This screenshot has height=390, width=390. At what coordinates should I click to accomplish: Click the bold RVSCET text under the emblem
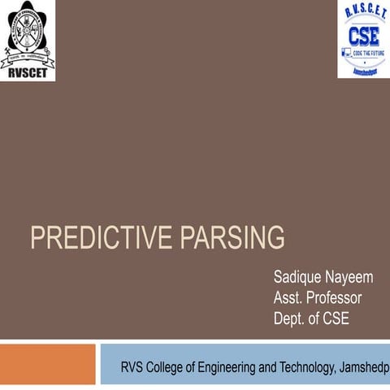pos(28,70)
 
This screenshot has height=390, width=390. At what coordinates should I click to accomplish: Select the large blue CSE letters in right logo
pos(363,36)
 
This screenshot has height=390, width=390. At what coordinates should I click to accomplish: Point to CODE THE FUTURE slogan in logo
pos(369,51)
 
